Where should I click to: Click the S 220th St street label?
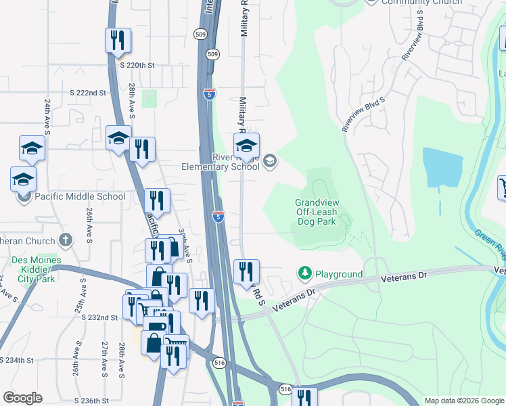click(137, 66)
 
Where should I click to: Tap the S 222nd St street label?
click(89, 92)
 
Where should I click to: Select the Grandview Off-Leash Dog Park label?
click(317, 211)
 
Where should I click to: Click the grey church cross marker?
click(66, 240)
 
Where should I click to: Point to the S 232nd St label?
click(100, 317)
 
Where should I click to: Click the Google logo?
click(22, 398)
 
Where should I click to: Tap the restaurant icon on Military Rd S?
click(246, 271)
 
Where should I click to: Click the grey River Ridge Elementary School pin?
click(270, 160)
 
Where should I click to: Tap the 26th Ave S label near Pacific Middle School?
click(89, 226)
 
